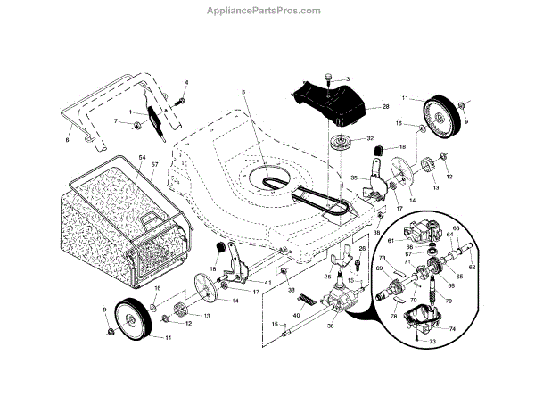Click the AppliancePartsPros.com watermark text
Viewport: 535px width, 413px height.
267,11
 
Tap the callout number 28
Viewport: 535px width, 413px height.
386,106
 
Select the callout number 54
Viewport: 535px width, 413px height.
143,157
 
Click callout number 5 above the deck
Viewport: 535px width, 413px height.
242,92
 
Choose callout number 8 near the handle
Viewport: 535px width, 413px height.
68,139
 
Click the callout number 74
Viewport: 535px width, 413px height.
452,329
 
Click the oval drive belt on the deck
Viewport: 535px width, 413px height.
267,178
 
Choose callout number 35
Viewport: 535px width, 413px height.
354,178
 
